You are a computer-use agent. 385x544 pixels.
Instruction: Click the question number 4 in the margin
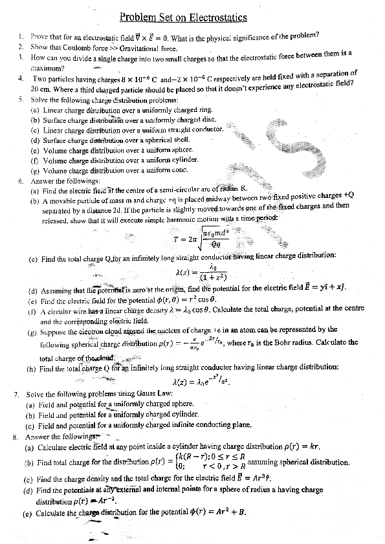coord(21,78)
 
